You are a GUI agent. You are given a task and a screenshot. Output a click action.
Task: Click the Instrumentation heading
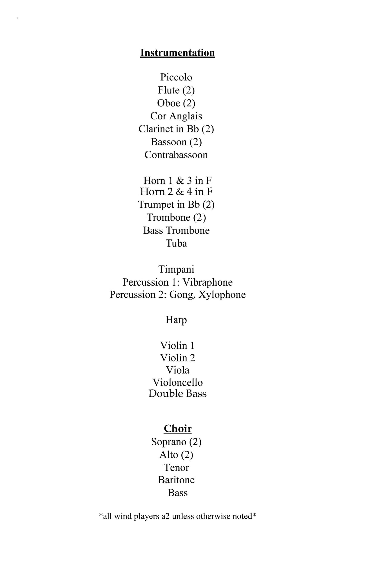point(177,53)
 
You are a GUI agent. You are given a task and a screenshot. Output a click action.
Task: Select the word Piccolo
point(176,77)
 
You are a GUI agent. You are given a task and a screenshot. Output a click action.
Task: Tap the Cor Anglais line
point(176,116)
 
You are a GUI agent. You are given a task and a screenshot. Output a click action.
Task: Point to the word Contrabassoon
point(176,155)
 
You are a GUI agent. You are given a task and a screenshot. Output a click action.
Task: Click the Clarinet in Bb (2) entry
point(176,129)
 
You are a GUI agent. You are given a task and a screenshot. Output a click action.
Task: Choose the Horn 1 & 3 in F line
point(177,180)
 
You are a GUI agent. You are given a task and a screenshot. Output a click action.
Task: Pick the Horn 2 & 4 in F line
point(176,191)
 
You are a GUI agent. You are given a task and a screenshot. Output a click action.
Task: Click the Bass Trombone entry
point(176,230)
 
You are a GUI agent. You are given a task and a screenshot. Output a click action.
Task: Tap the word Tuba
point(176,243)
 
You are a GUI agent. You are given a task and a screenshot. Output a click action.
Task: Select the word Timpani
point(176,269)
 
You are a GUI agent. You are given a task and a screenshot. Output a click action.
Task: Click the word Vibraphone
point(208,282)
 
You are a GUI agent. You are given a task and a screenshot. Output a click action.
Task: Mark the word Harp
point(176,320)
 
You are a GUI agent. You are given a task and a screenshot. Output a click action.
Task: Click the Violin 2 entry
point(177,358)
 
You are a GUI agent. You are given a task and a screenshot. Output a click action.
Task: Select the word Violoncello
point(177,382)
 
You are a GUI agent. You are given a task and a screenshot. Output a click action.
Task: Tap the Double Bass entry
point(177,394)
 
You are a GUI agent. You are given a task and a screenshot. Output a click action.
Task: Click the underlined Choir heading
point(177,429)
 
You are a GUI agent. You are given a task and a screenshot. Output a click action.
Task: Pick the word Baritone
point(176,480)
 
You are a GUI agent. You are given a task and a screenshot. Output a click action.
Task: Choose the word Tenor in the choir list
point(177,468)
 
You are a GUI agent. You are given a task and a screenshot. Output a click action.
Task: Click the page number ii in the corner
point(18,18)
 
